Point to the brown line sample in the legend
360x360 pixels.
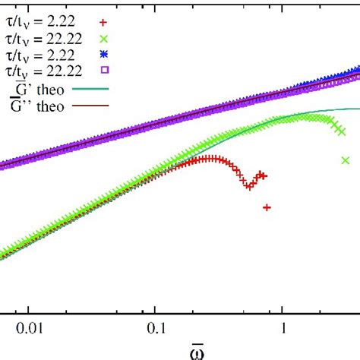[x=95, y=106]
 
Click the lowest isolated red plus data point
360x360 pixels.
[x=267, y=207]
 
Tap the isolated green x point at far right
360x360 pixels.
[x=345, y=160]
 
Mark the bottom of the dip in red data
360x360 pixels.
[x=248, y=185]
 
